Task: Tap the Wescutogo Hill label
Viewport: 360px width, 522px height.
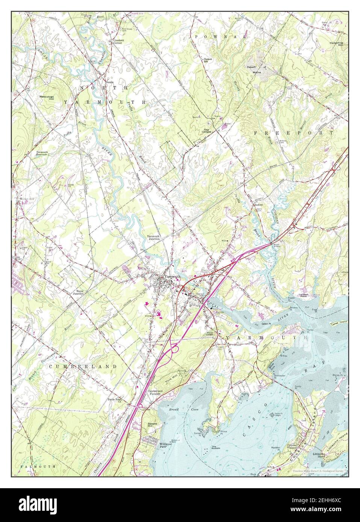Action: click(47, 97)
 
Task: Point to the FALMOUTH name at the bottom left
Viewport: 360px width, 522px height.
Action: click(38, 466)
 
